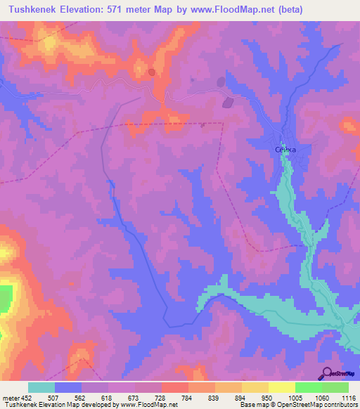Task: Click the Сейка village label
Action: click(x=286, y=149)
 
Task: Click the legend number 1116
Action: click(x=348, y=397)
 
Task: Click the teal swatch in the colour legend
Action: click(x=41, y=387)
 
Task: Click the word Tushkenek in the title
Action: click(x=34, y=9)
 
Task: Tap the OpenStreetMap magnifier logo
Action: click(x=326, y=373)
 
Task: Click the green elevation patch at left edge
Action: click(x=5, y=298)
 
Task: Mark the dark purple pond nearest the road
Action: click(x=226, y=103)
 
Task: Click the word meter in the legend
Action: click(x=10, y=397)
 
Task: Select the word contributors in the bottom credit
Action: click(x=340, y=405)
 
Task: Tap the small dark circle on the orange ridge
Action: click(x=151, y=72)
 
